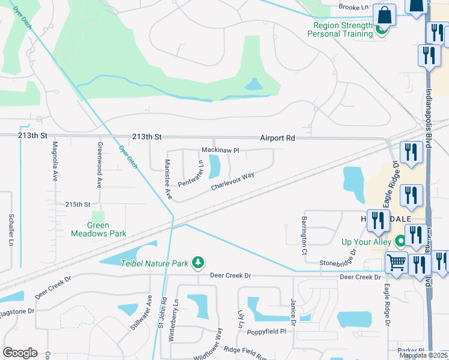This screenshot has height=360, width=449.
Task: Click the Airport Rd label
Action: tap(277, 138)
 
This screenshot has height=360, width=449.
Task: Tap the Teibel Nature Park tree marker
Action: tap(198, 263)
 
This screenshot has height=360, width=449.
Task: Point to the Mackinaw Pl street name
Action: tap(220, 149)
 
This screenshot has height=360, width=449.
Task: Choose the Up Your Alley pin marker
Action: tap(400, 242)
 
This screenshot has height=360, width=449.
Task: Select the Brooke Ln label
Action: tap(353, 7)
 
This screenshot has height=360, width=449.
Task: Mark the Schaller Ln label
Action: tap(11, 230)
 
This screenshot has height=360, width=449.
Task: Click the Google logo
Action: tap(20, 353)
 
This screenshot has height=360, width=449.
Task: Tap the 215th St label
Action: tap(77, 205)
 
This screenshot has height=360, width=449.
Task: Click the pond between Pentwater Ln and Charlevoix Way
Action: tap(214, 167)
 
